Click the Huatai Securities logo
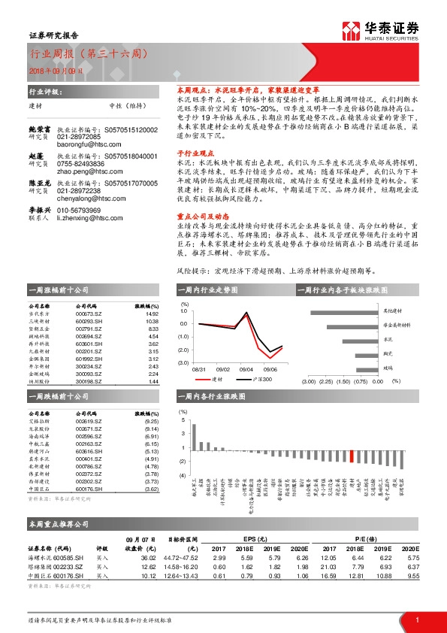pos(380,29)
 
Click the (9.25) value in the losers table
pos(152,422)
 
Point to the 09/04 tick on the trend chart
pos(246,369)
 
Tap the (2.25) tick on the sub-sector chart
pos(325,382)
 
